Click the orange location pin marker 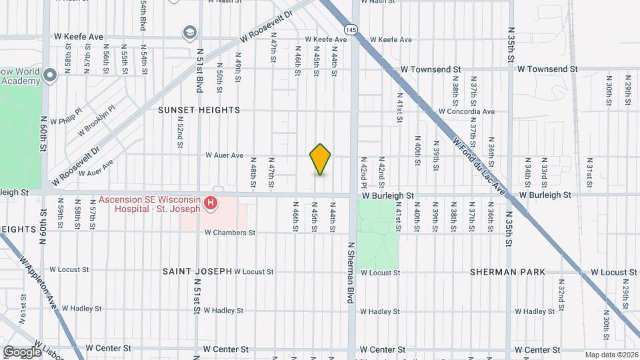coord(320,159)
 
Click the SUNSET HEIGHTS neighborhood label coord(199,110)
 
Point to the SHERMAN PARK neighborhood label coord(507,272)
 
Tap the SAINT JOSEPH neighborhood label coord(197,271)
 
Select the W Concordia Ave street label coord(467,111)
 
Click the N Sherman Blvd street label coord(350,273)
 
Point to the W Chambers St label coord(230,233)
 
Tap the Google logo coord(23,351)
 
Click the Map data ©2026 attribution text coord(611,354)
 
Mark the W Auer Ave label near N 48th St coord(224,155)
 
